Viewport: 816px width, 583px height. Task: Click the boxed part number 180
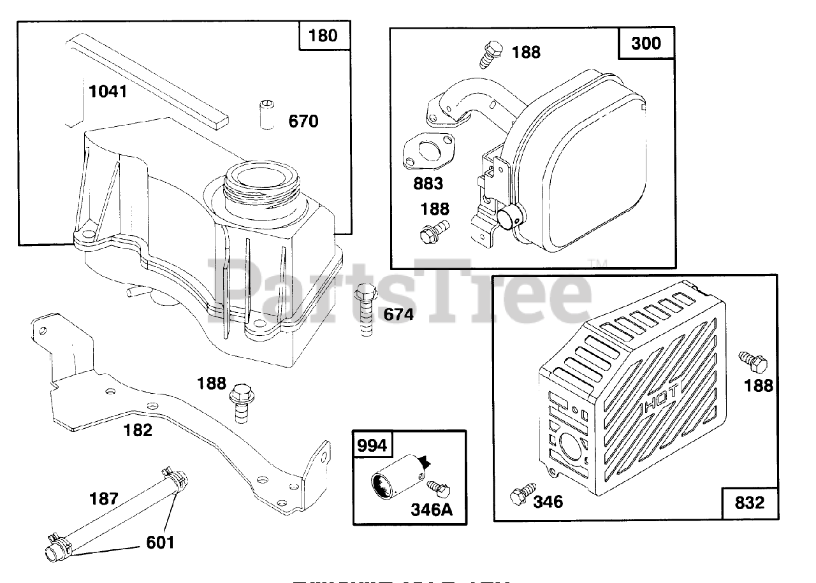tap(323, 35)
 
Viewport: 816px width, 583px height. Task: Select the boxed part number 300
tap(646, 43)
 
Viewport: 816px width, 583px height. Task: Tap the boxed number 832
tap(749, 503)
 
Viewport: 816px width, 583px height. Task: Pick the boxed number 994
tap(372, 445)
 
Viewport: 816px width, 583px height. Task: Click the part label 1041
tap(108, 92)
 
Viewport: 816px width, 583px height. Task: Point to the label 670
tap(303, 121)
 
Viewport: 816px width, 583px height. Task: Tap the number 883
tap(428, 184)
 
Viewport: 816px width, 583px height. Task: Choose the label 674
tap(398, 314)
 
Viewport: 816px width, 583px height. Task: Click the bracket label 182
tap(138, 430)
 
